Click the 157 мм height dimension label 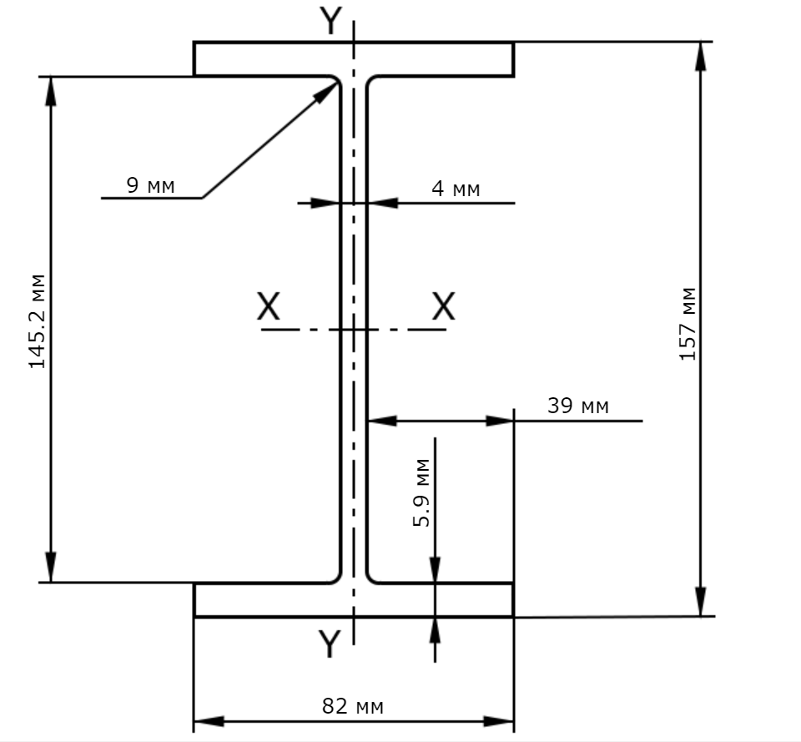pos(688,324)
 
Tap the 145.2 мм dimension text pos(37,321)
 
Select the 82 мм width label pos(352,706)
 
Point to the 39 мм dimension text pos(577,406)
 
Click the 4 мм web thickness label pos(456,189)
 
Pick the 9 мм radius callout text pos(150,185)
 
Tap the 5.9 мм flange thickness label pos(421,492)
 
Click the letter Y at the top pos(331,21)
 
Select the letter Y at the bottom pos(330,644)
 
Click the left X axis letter pos(268,306)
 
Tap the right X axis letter pos(443,305)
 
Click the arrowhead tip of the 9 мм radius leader pos(338,82)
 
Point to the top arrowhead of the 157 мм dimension pos(701,43)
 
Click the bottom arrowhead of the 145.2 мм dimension pos(51,582)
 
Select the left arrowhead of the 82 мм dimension pos(194,722)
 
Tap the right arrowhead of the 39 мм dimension pos(513,421)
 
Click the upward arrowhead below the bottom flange pos(435,618)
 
